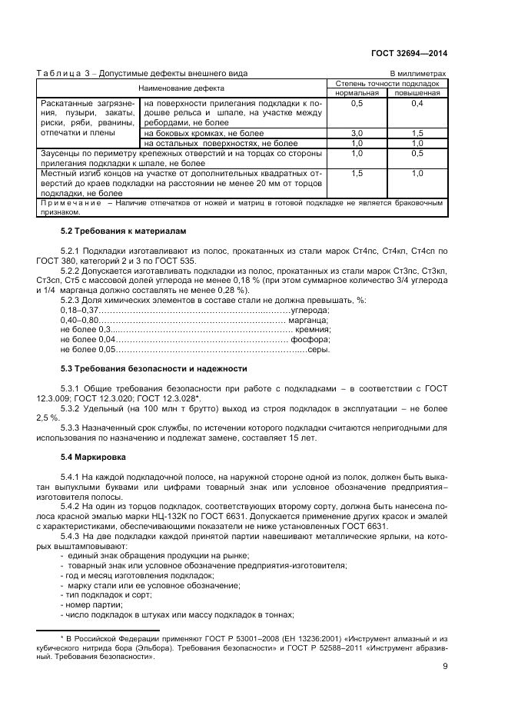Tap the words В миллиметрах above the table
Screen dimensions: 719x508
coord(418,73)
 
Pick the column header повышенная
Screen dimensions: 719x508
coord(417,92)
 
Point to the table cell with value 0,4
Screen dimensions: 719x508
coord(417,102)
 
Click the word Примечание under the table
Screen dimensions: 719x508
coord(73,203)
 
